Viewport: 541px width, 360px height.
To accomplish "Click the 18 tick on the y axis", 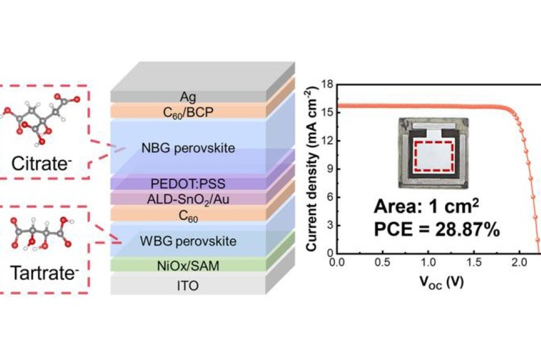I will click(327, 85).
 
